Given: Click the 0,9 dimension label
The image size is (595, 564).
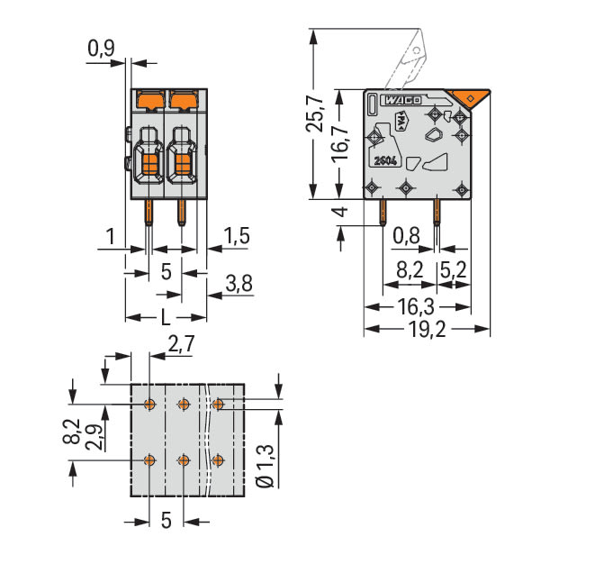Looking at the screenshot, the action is (101, 49).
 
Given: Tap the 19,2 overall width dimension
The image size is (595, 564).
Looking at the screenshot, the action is (427, 329).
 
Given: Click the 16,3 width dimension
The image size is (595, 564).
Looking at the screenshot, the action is (416, 306).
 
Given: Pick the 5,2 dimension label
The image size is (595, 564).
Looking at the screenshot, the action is (453, 270).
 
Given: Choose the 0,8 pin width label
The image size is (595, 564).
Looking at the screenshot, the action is (406, 236).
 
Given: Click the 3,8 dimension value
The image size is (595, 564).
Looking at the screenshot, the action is (239, 283).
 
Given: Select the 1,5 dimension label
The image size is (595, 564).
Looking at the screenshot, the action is (237, 235).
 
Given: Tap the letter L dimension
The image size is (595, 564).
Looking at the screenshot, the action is (166, 317).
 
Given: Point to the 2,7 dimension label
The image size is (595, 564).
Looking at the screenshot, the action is (182, 344).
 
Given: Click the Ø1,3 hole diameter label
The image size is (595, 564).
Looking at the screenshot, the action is (265, 466).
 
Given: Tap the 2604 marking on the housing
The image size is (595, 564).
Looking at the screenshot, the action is (385, 161).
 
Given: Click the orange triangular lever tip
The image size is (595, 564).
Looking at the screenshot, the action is (468, 97).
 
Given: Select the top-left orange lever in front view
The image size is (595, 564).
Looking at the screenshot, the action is (150, 99).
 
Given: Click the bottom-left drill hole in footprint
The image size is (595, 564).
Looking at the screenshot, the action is (149, 460).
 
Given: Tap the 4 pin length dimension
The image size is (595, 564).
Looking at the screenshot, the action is (342, 212).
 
